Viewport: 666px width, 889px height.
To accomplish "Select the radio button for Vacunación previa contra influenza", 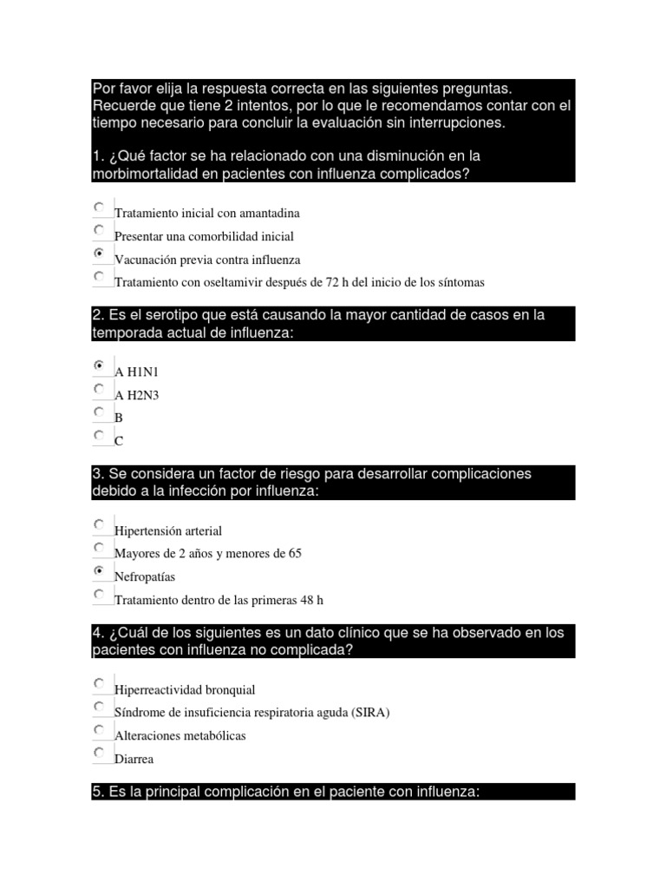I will tap(100, 254).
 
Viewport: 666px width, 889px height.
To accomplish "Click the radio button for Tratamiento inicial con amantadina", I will tap(100, 207).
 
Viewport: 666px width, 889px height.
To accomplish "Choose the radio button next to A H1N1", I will tap(100, 365).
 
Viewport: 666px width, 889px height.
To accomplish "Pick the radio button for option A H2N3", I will tap(100, 389).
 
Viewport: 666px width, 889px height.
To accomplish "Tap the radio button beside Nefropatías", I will tap(100, 570).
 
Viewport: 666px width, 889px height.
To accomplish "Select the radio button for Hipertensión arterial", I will tap(100, 524).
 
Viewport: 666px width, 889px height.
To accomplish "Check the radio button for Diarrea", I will tap(100, 753).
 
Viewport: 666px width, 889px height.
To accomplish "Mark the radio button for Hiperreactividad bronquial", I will tap(100, 683).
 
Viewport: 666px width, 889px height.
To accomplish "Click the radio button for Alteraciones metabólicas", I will tap(100, 729).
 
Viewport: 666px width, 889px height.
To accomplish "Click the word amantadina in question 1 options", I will tap(272, 213).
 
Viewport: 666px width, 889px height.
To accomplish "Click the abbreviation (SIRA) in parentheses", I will tap(371, 713).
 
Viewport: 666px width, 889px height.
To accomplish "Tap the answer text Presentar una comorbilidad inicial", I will tap(205, 236).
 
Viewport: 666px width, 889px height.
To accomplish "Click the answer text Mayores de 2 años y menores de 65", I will tap(208, 554).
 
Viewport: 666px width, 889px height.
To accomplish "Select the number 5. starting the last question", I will tap(98, 792).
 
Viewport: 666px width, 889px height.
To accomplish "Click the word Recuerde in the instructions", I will tap(121, 106).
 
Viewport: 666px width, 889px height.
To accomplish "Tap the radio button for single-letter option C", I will tap(100, 435).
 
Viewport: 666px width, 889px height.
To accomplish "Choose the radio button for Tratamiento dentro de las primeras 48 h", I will tap(100, 594).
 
